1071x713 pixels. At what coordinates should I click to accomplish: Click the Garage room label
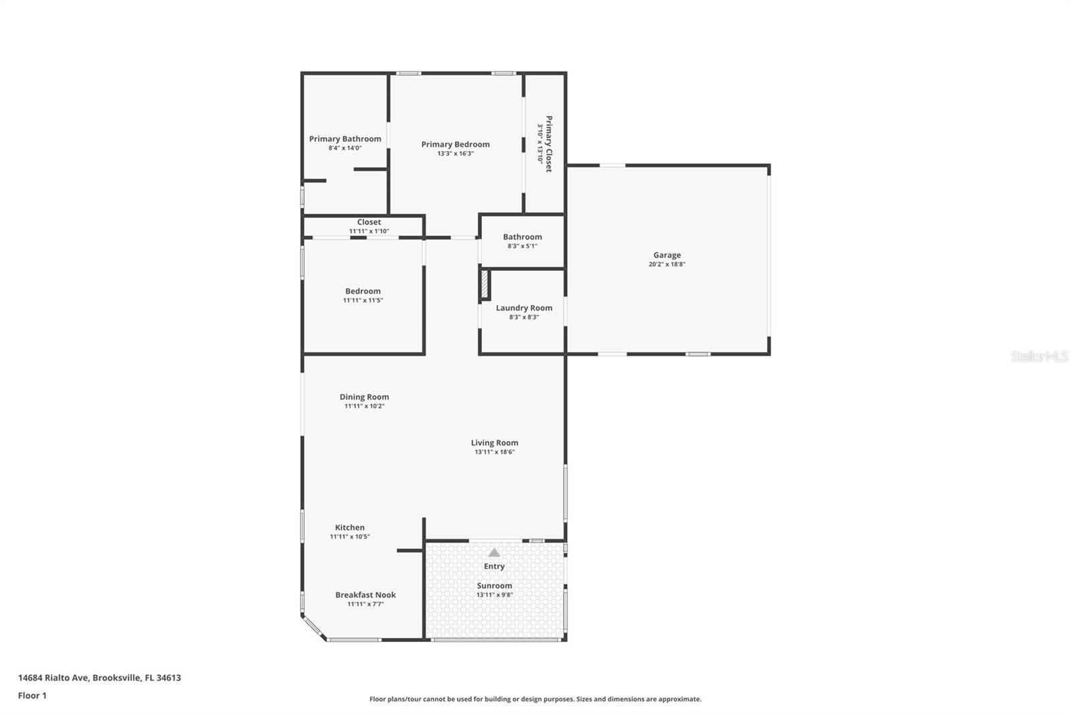pos(667,255)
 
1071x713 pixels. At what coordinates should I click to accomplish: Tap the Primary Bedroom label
pos(455,144)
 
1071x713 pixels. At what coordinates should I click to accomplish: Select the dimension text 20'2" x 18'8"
pos(667,264)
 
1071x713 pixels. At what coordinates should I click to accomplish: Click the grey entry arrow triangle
pos(494,552)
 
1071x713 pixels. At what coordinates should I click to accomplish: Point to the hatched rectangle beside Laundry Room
pos(485,285)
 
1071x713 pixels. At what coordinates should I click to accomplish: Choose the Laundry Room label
pos(523,308)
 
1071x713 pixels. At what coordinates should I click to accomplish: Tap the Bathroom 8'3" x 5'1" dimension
pos(522,246)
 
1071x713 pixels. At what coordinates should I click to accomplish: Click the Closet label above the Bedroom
pos(369,222)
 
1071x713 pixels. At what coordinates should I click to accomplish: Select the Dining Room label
pos(364,397)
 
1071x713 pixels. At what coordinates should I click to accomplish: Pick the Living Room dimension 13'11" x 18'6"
pos(494,452)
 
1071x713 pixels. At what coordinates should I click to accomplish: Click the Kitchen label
pos(349,527)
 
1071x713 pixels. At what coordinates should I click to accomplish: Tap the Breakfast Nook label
pos(365,595)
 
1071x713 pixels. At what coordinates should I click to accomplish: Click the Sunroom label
pos(494,585)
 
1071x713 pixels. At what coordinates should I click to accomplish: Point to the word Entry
pos(494,566)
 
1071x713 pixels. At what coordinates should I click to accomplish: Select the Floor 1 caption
pos(32,696)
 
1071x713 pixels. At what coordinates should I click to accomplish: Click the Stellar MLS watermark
pos(1039,356)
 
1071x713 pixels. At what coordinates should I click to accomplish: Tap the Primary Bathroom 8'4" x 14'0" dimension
pos(345,148)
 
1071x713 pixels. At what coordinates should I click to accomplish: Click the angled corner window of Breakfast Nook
pos(313,628)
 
